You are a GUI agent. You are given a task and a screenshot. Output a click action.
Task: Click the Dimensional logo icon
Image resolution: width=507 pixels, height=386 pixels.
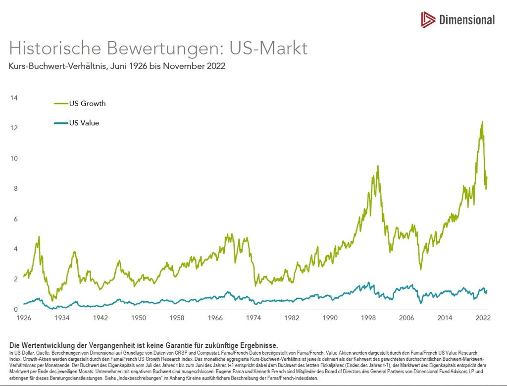(x=428, y=20)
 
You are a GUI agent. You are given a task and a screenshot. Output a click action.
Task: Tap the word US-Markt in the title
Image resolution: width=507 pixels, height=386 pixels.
(x=268, y=48)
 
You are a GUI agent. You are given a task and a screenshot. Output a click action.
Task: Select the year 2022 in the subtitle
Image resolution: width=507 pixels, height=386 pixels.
(x=216, y=66)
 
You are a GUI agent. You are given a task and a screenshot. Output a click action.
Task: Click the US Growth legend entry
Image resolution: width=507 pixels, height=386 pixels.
(x=80, y=104)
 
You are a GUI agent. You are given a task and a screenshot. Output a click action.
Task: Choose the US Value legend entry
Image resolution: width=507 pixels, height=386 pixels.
(x=77, y=123)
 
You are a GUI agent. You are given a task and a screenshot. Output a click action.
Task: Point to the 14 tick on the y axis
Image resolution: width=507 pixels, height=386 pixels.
(x=14, y=98)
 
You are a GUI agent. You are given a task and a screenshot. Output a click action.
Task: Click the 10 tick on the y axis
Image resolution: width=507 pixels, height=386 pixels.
(x=14, y=158)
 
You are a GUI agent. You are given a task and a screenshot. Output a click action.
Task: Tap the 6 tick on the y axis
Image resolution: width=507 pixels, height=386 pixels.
(x=15, y=219)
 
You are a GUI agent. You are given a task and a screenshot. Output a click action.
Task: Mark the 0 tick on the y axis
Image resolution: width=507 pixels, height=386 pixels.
(x=15, y=309)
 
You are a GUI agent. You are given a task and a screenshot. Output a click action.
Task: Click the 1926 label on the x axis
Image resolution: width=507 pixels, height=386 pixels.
(x=24, y=318)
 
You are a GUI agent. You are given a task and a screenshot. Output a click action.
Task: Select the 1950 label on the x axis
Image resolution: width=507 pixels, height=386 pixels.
(x=139, y=318)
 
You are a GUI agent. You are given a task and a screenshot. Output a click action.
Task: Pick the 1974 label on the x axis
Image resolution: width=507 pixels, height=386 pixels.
(x=253, y=318)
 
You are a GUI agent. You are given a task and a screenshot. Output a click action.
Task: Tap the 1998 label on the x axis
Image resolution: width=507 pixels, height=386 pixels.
(x=368, y=318)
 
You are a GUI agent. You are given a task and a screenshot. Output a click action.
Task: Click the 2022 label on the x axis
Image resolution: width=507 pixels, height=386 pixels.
(x=483, y=318)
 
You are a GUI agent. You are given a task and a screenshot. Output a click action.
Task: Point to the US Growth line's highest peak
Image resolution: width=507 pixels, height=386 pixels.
(x=482, y=122)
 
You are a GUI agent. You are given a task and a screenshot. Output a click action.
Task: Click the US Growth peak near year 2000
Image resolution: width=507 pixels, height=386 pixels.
(x=378, y=166)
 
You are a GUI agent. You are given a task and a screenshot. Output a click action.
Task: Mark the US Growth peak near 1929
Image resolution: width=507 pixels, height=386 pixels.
(x=39, y=237)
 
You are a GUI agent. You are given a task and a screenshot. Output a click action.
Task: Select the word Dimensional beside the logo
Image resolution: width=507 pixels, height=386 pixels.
(x=467, y=20)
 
